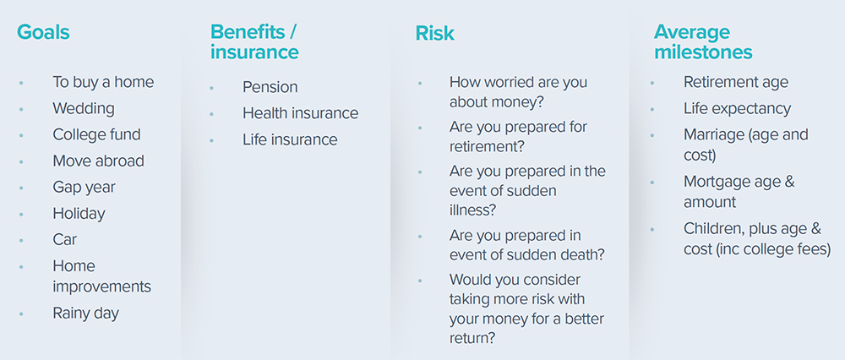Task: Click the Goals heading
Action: [43, 32]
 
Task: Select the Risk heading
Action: [435, 34]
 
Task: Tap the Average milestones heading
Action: [703, 42]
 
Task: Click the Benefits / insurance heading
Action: [254, 42]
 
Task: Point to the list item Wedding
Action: [84, 108]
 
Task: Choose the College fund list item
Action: [96, 134]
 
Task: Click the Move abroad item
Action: [98, 161]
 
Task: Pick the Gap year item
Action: [84, 188]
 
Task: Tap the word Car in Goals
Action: [65, 239]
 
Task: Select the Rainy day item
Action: [85, 314]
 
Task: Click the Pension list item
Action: [270, 87]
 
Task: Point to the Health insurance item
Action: [300, 113]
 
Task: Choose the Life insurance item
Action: [290, 139]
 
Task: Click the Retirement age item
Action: [736, 83]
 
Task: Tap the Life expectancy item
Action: [737, 109]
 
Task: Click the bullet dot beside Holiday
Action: [22, 214]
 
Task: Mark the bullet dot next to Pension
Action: [212, 87]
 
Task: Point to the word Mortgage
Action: [716, 183]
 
